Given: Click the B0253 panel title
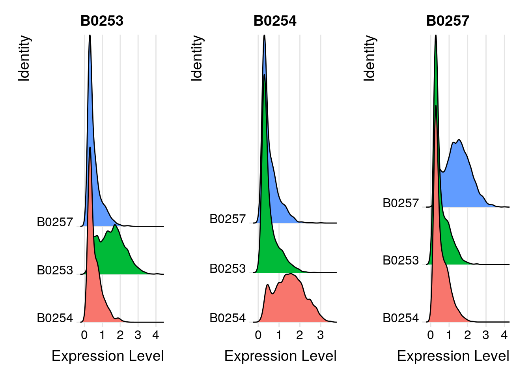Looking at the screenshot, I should [x=102, y=21].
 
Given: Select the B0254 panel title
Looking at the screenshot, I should [x=275, y=21].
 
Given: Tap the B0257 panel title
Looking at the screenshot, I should [x=448, y=21].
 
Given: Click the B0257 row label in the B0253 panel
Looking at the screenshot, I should [x=55, y=222].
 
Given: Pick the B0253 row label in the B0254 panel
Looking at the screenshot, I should [x=228, y=269].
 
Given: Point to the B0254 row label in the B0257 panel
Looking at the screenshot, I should [x=401, y=318].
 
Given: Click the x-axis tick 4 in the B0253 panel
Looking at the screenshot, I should [x=156, y=336].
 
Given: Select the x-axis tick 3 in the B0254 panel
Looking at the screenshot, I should [x=320, y=336].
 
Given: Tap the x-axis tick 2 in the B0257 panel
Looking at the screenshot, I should [x=467, y=336].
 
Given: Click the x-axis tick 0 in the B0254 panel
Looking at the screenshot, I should [x=258, y=336].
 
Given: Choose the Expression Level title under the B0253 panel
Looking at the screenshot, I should [x=108, y=356].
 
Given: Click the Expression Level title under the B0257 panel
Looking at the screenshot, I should [x=453, y=356].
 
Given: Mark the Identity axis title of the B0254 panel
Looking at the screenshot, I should [x=196, y=58].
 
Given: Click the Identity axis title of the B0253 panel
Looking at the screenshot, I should [x=24, y=58].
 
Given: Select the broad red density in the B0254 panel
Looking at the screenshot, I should [x=292, y=300].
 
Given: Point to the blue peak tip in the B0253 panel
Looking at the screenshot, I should [x=90, y=36].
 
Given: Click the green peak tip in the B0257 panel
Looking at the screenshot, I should [x=436, y=36].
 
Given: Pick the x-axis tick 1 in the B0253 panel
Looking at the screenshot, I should [x=102, y=336].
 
